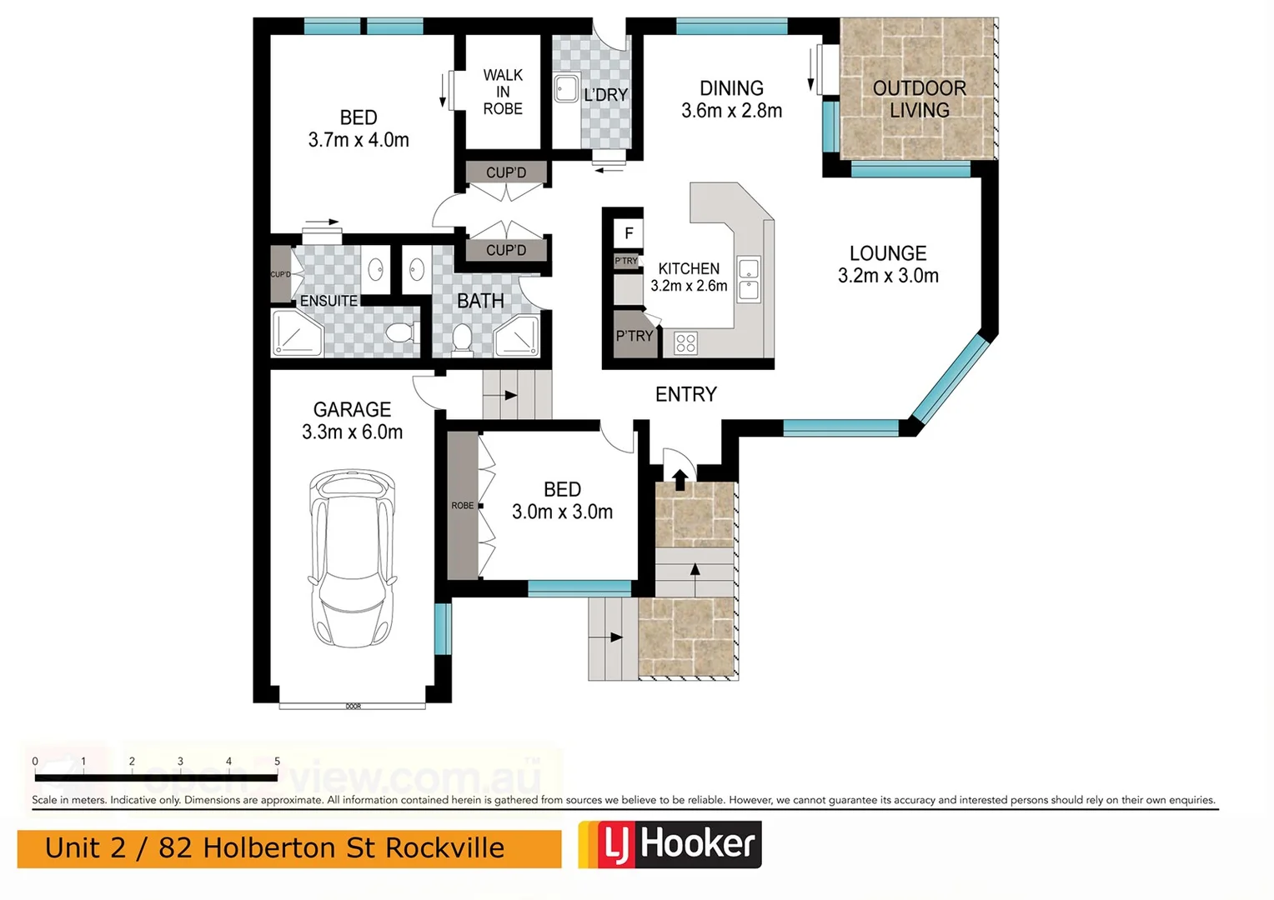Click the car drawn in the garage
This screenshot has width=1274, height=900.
[x=352, y=558]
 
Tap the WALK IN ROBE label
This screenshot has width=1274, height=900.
[x=503, y=92]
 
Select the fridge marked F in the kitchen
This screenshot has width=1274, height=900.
[x=629, y=233]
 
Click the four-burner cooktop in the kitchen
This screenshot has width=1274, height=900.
[x=685, y=342]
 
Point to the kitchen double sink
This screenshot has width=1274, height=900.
[x=749, y=279]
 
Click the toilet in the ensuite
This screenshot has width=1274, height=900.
[x=402, y=333]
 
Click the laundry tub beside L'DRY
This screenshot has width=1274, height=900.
[x=567, y=88]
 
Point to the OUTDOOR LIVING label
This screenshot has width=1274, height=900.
[x=919, y=99]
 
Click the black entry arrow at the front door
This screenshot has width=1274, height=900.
[x=680, y=479]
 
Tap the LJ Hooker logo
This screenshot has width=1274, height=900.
[x=670, y=844]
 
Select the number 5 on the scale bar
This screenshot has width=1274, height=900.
[x=277, y=761]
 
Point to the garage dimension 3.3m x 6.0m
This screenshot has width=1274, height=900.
[x=352, y=432]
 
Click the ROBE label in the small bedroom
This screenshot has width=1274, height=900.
[x=462, y=505]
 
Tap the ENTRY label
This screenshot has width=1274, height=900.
[x=685, y=394]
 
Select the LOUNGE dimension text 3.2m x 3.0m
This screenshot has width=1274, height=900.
[x=888, y=276]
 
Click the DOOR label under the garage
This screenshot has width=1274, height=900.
[x=353, y=707]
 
